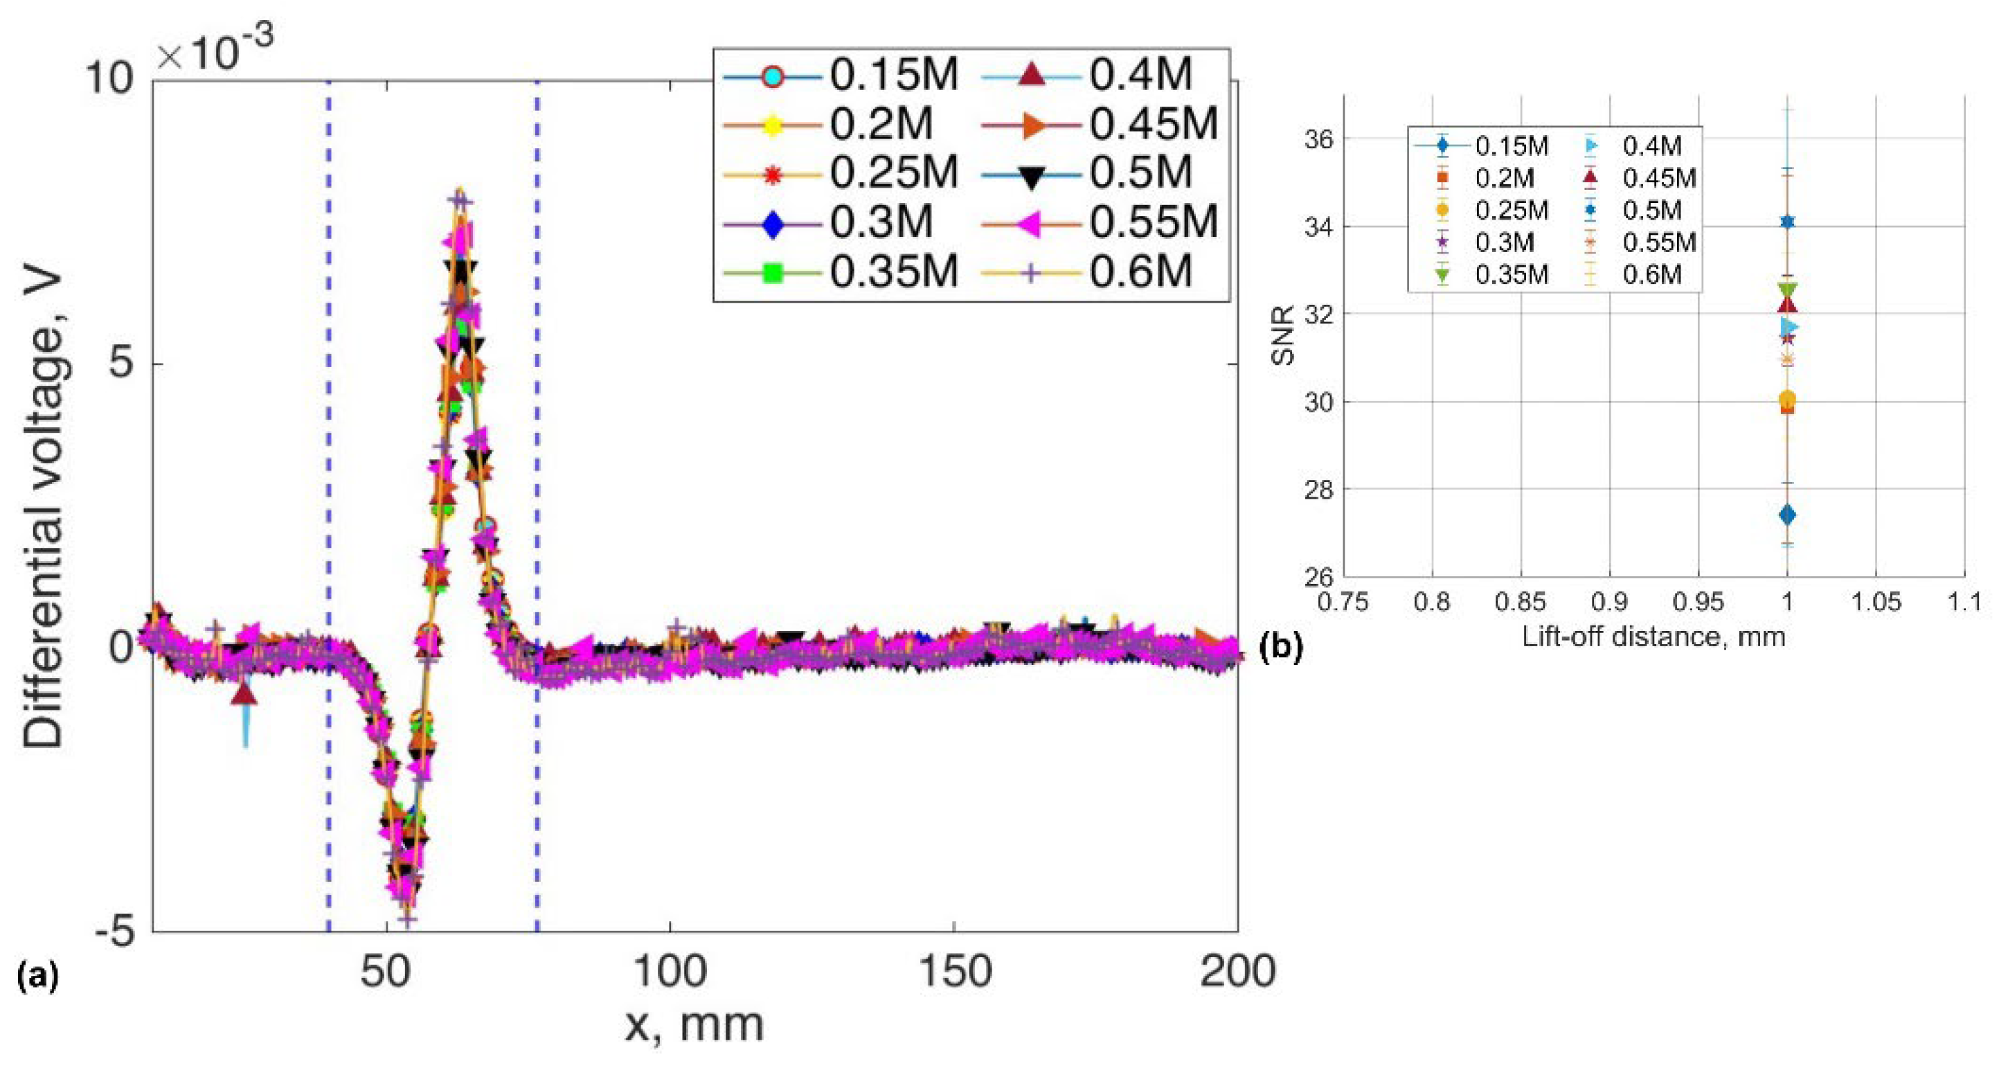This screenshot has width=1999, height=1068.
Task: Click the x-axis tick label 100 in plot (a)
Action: point(669,972)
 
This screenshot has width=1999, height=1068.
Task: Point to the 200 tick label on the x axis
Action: point(1237,972)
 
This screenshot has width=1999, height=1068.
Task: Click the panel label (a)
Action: point(37,975)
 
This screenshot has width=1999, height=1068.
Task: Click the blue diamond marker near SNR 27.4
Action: point(1787,515)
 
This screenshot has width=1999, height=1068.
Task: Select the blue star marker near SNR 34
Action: point(1787,222)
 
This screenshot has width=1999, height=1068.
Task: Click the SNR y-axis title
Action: point(1285,336)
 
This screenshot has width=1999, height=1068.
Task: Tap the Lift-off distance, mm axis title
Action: point(1653,637)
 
